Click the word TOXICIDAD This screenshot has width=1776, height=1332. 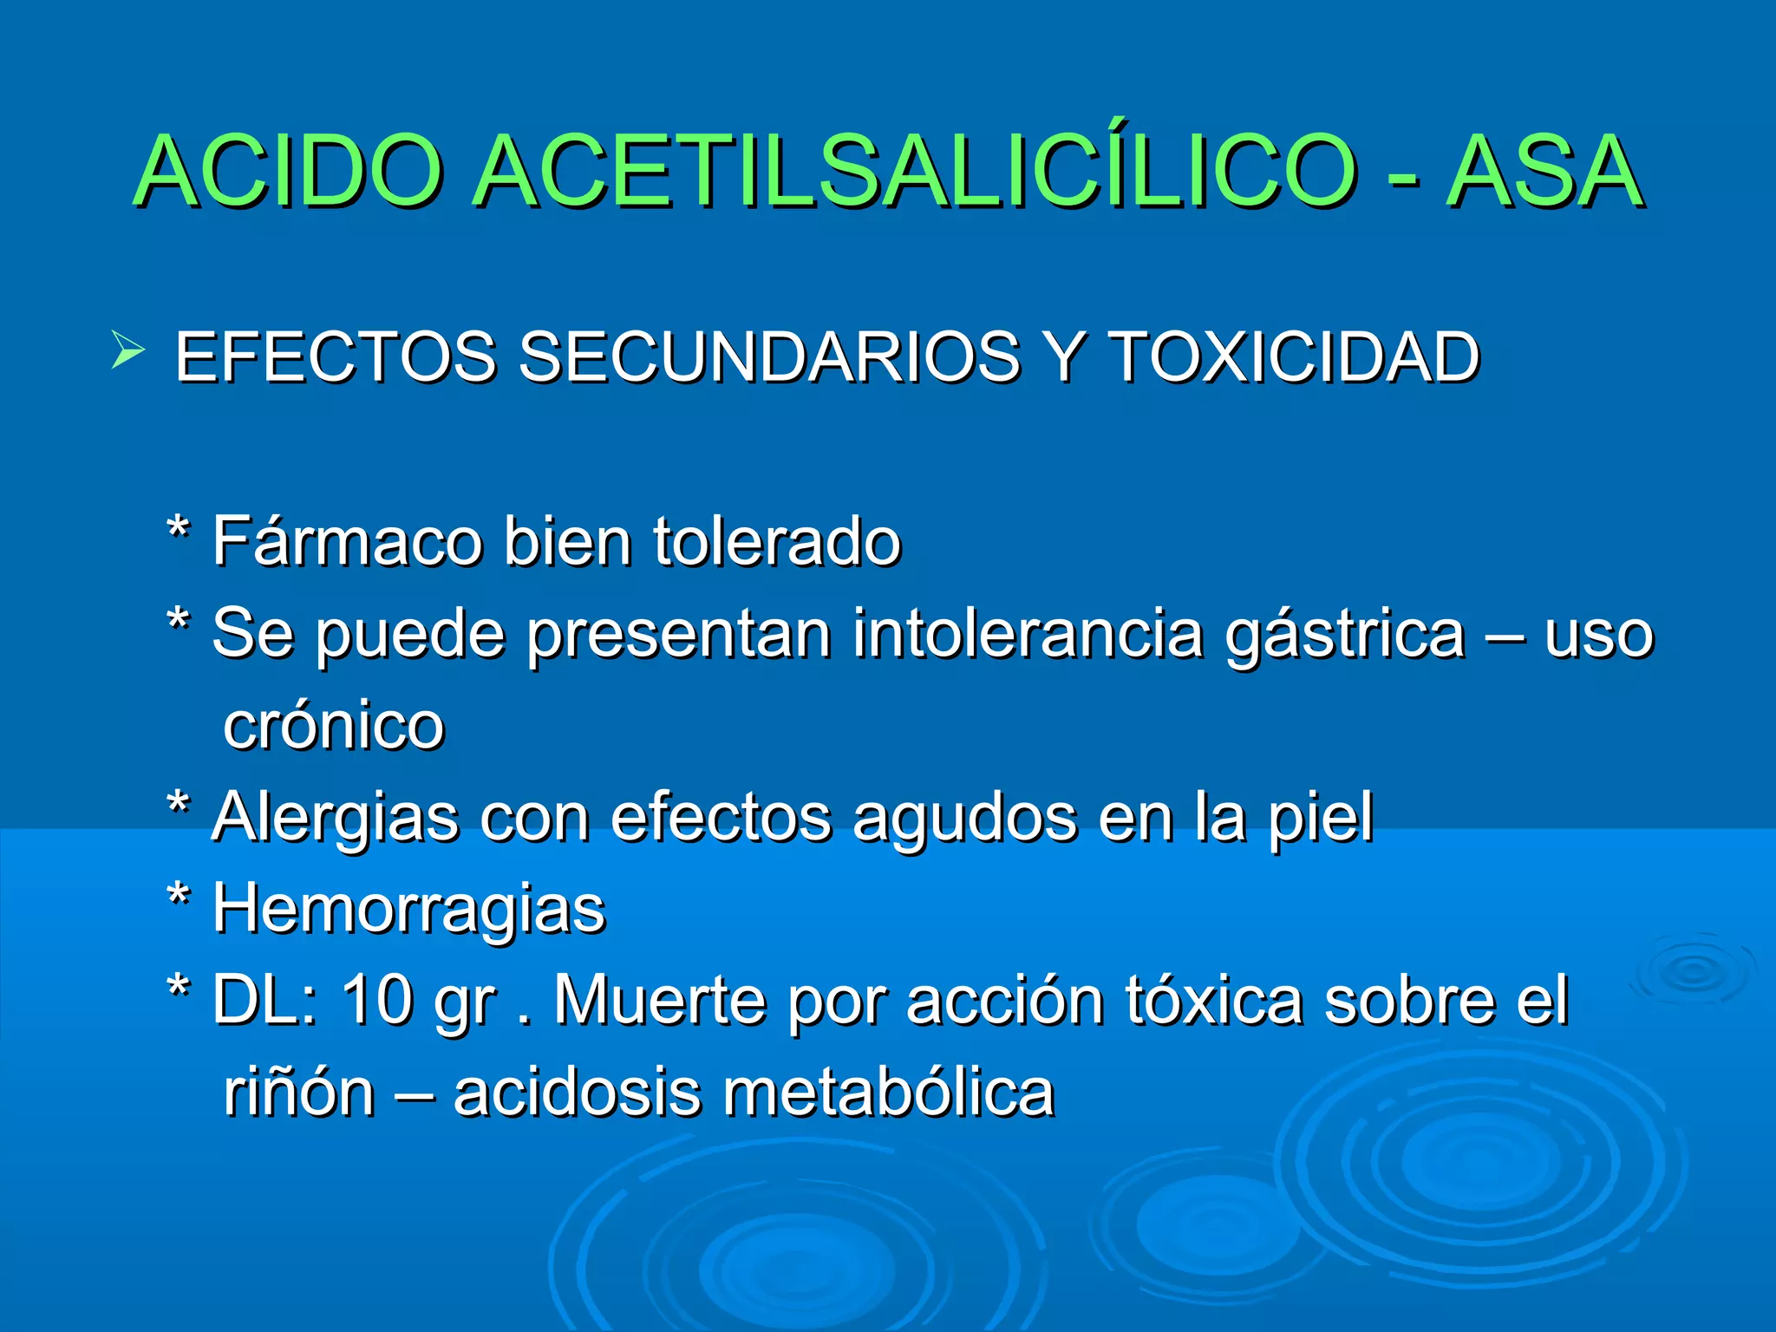tap(1294, 356)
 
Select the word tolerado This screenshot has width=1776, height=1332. tap(777, 541)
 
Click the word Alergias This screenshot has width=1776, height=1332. tap(335, 818)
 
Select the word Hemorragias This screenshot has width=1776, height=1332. tap(409, 910)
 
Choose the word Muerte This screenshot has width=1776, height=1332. tap(660, 1000)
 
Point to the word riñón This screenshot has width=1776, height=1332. tap(299, 1093)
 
